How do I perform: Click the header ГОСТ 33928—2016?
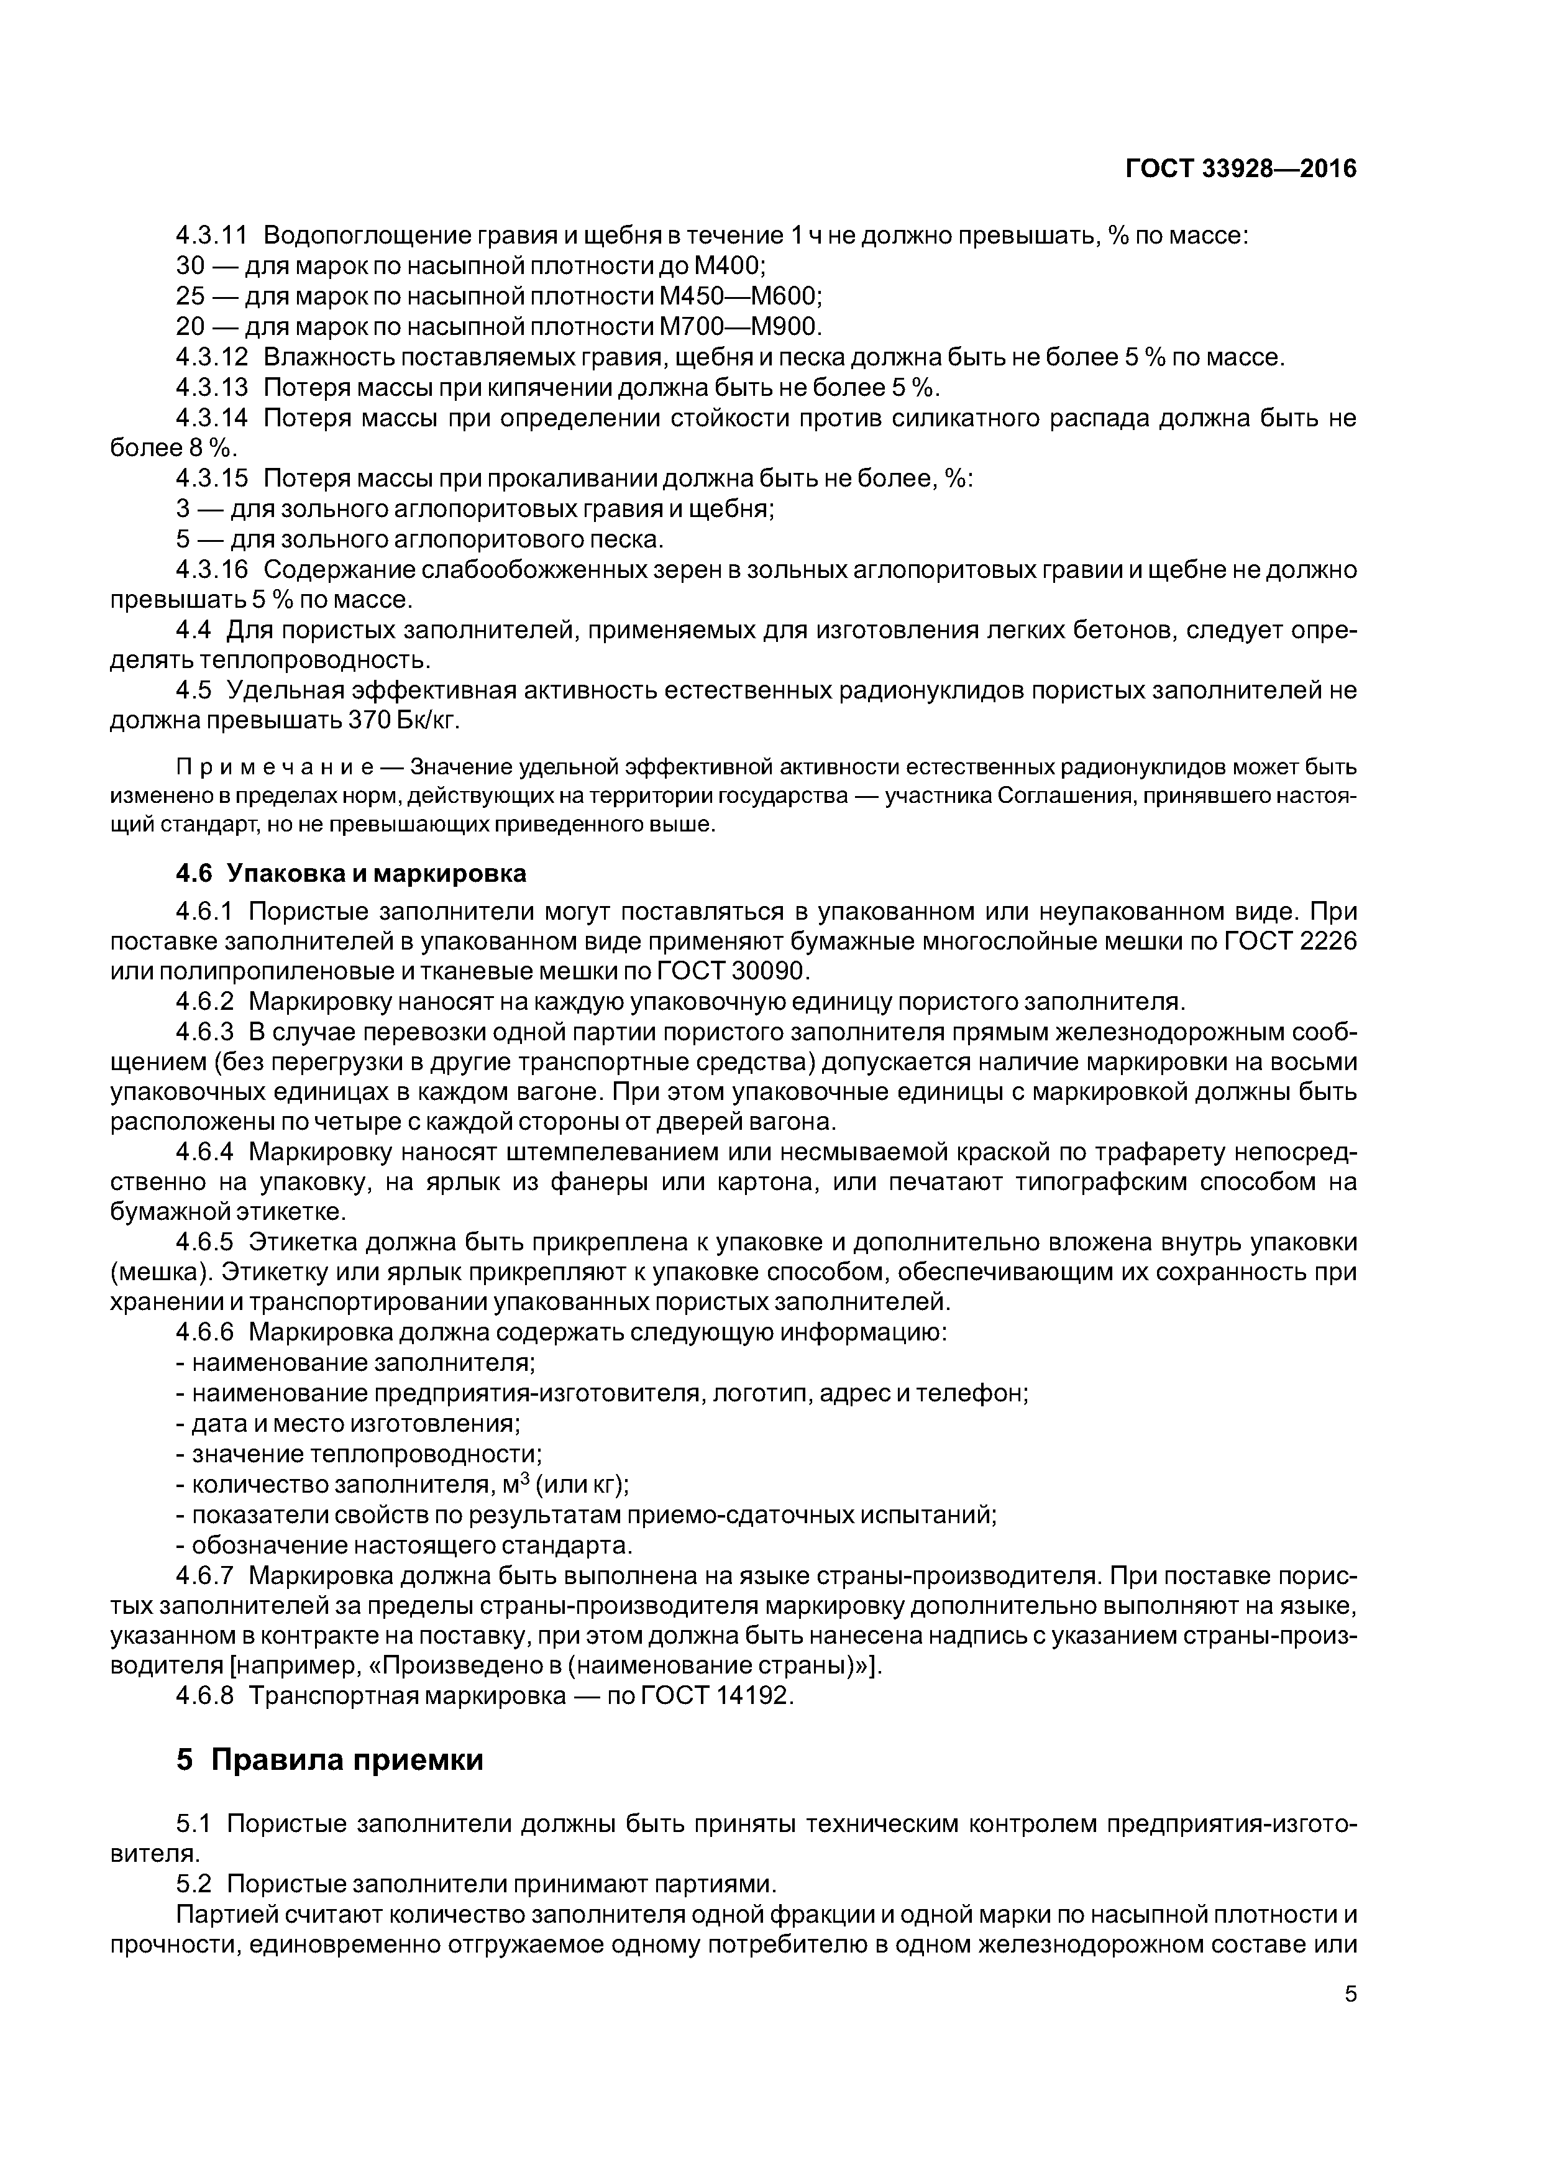coord(1240,169)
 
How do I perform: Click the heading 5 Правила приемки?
coord(329,1759)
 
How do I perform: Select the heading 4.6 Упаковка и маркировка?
coord(350,872)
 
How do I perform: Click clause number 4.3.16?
coord(212,570)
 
